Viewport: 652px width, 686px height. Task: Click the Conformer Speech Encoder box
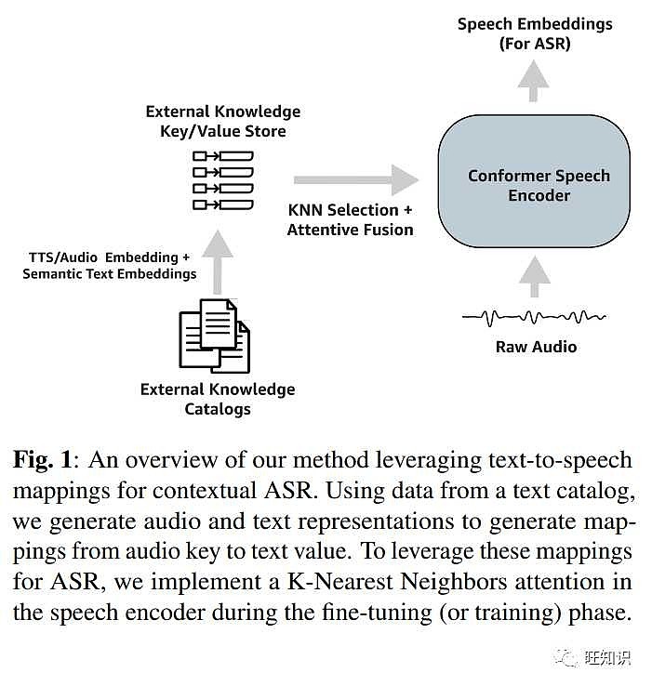[539, 186]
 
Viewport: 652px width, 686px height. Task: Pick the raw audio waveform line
[535, 318]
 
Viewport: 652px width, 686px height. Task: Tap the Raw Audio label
[536, 347]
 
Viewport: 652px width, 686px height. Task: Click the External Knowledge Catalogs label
[218, 399]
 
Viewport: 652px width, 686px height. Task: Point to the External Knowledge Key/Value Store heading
[223, 122]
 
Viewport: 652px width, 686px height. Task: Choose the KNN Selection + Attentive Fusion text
[350, 220]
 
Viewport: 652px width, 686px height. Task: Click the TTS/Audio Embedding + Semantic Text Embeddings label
[110, 265]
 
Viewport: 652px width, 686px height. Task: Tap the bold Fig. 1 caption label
[46, 461]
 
